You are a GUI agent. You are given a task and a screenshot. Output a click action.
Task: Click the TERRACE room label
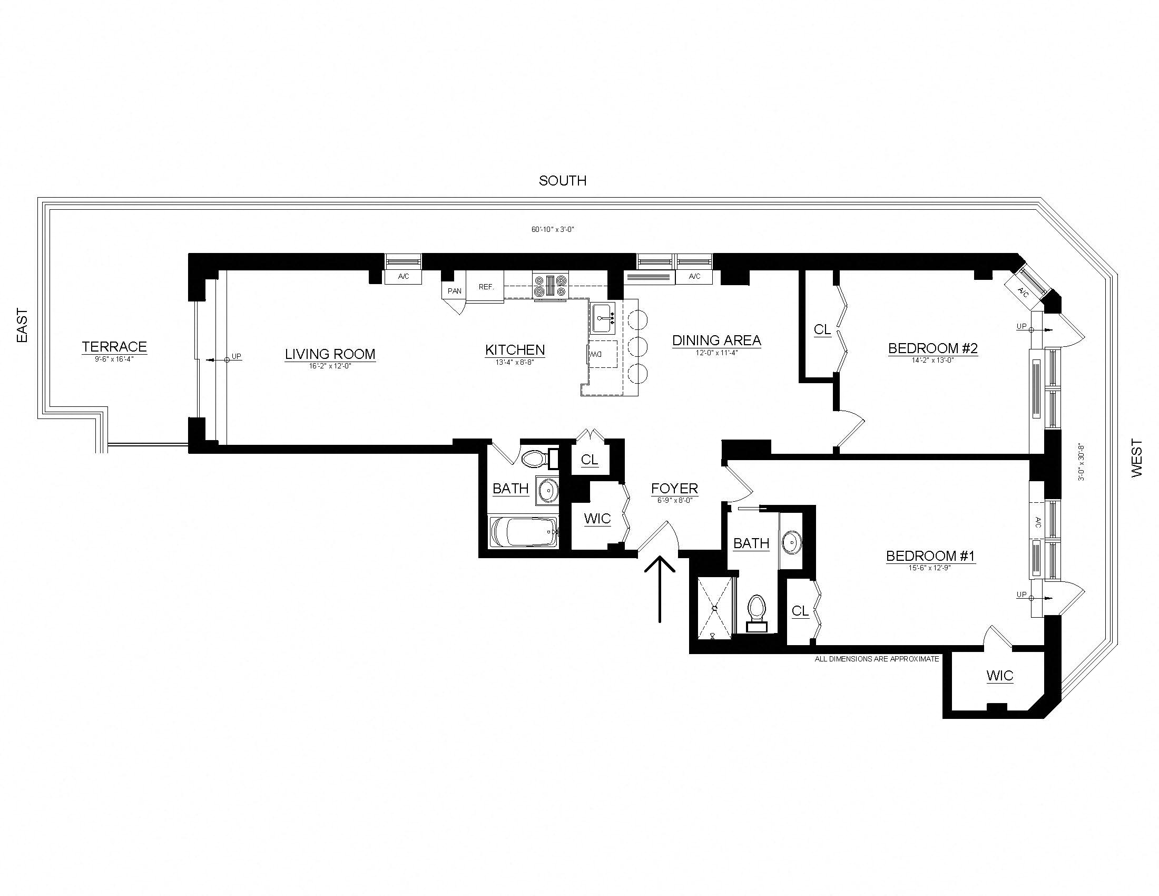(x=114, y=347)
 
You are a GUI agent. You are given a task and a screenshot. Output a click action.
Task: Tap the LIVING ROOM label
(x=330, y=354)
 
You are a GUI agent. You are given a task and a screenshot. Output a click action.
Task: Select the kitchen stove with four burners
(x=551, y=287)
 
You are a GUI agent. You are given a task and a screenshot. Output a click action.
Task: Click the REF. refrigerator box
(x=486, y=287)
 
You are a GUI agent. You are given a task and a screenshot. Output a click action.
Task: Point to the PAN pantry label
(x=454, y=291)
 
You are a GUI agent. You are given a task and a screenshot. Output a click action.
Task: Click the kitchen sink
(x=603, y=318)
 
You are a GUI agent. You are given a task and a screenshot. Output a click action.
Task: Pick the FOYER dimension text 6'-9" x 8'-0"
(x=674, y=500)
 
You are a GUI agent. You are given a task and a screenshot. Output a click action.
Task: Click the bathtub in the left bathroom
(x=524, y=532)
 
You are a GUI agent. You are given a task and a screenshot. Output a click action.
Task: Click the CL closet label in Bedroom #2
(x=822, y=329)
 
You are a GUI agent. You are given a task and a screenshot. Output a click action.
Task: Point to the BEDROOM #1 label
(x=930, y=556)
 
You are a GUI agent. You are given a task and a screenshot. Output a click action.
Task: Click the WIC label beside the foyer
(x=597, y=519)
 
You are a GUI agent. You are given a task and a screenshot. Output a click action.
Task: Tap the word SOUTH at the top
(x=563, y=181)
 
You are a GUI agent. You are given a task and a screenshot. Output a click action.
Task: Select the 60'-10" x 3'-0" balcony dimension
(x=553, y=230)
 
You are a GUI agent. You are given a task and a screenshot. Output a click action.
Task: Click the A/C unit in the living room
(x=404, y=277)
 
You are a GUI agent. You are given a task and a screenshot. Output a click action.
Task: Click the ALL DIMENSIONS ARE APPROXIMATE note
(x=877, y=659)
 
